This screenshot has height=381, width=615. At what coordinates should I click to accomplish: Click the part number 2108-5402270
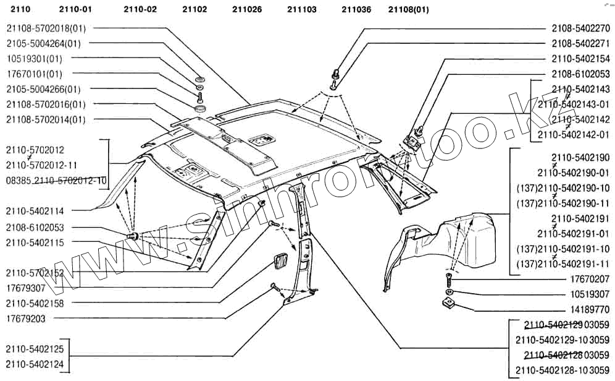[580, 28]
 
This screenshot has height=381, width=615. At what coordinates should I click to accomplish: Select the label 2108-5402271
[580, 44]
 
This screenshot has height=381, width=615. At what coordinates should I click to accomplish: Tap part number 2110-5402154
[580, 59]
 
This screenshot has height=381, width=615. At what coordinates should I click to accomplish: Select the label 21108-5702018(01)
[46, 28]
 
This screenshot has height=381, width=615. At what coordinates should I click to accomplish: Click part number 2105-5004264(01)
[44, 43]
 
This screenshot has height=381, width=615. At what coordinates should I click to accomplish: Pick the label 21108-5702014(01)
[46, 119]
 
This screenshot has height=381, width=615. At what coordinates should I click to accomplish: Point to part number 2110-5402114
[35, 212]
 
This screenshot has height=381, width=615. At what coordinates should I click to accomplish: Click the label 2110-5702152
[35, 273]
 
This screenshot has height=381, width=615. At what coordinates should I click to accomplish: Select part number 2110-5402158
[35, 304]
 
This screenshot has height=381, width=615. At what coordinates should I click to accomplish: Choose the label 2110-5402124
[35, 365]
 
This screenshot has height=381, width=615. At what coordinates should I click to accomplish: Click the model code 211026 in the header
[247, 10]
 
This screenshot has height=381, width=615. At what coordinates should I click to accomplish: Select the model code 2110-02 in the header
[140, 10]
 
